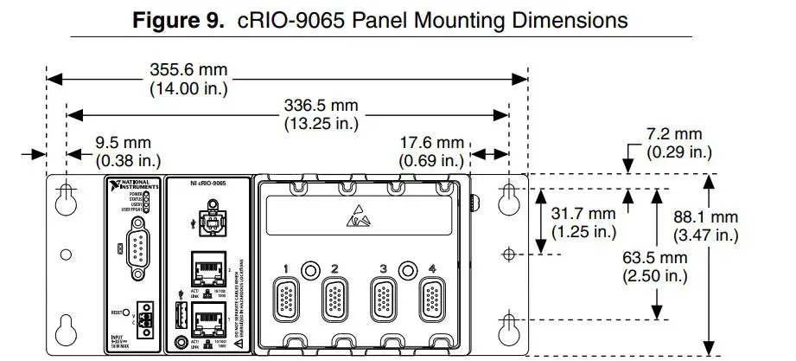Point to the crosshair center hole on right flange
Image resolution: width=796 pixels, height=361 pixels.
click(x=509, y=255)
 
